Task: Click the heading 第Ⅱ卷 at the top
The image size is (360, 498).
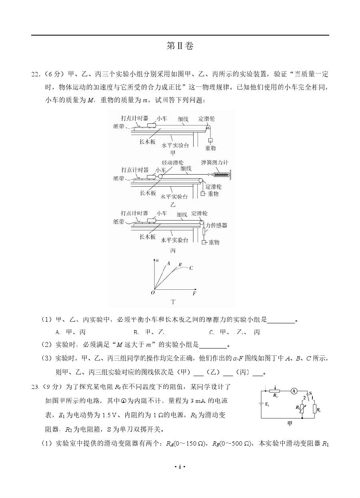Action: point(180,46)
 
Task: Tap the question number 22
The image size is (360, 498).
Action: point(35,74)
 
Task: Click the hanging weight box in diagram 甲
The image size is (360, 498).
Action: point(210,140)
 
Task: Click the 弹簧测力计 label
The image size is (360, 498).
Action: point(215,162)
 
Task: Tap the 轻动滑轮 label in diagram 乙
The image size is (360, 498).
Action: point(172,162)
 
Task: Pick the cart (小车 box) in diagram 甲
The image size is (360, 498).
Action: point(152,125)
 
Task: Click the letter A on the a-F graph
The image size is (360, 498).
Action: point(169,263)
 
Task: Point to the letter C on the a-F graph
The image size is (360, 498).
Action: point(191,268)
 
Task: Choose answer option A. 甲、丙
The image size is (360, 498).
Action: point(70,332)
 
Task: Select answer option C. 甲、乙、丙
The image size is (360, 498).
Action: point(234,332)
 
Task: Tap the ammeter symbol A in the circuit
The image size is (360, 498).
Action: point(294,391)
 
